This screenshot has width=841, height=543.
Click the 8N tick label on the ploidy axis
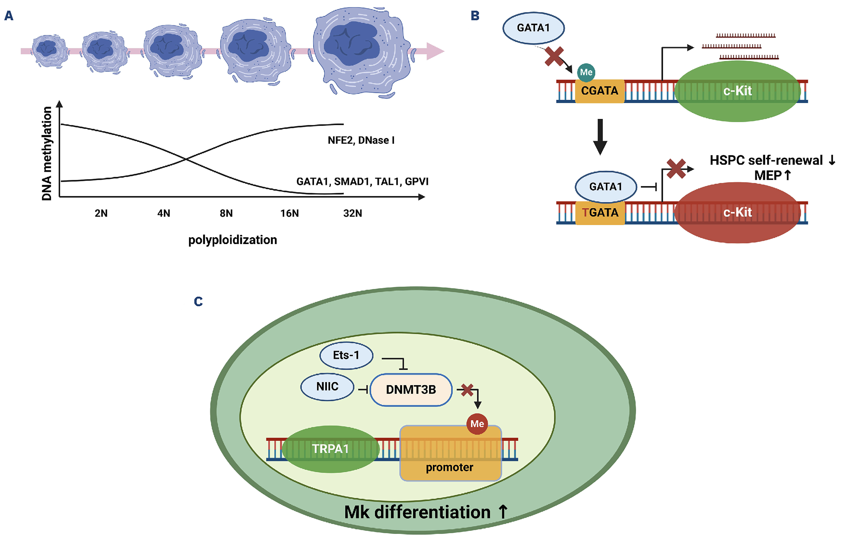click(226, 213)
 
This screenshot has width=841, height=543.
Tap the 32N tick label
click(352, 213)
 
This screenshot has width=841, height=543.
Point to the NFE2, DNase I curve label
click(361, 140)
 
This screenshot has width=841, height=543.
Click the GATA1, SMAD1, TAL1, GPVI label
click(362, 182)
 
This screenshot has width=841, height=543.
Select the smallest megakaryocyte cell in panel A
click(49, 50)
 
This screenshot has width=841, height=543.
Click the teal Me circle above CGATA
click(586, 72)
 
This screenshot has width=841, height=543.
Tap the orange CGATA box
click(599, 91)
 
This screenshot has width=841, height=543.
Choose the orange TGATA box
click(600, 213)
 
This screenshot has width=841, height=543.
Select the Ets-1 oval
click(346, 355)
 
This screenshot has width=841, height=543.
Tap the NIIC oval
click(327, 387)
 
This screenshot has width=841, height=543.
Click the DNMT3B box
click(411, 390)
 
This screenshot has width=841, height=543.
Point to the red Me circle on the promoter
click(477, 424)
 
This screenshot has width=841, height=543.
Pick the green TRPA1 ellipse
click(330, 449)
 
